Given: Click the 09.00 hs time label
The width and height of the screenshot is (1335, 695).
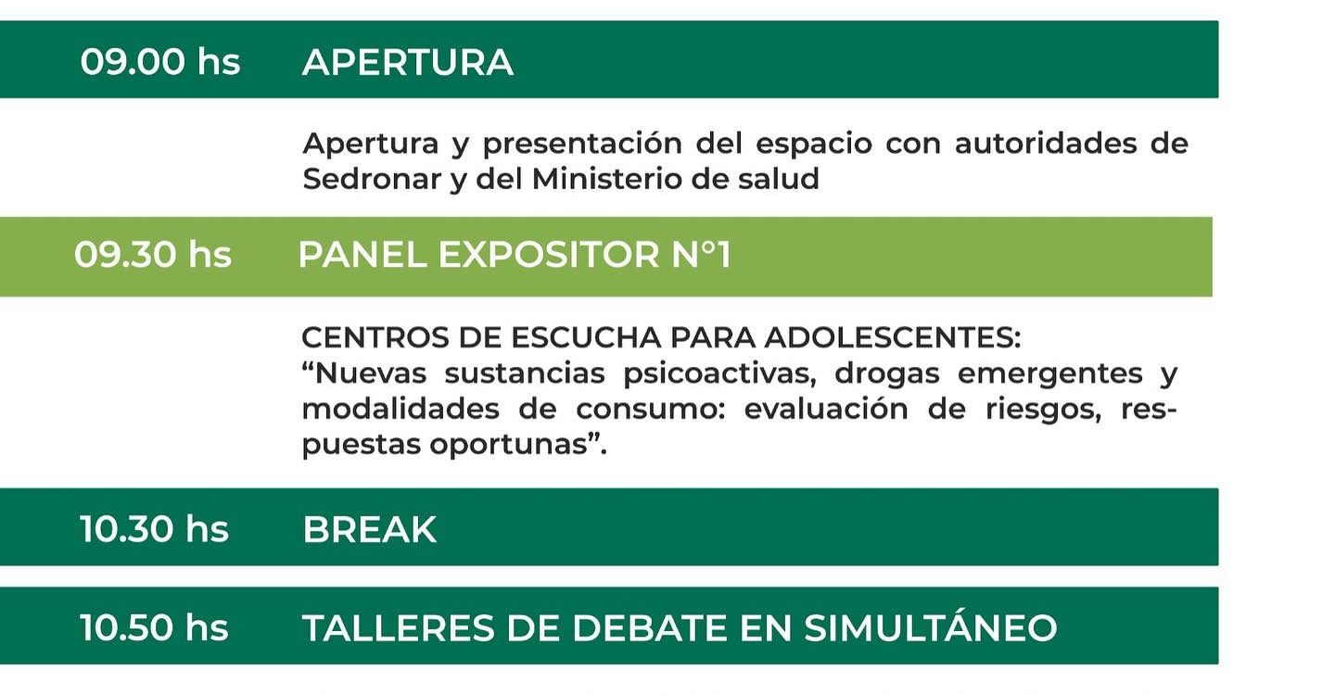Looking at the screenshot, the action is (160, 62).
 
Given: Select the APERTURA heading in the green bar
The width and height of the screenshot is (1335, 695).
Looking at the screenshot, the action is (408, 62).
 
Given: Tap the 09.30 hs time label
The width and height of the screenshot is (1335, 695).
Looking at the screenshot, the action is (153, 255).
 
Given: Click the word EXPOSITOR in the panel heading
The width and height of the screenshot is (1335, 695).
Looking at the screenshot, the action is (548, 255).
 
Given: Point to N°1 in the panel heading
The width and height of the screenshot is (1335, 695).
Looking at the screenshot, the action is (702, 255).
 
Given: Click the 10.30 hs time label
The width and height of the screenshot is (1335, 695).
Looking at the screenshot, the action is (154, 529).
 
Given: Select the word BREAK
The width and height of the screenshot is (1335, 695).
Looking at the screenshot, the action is (370, 529).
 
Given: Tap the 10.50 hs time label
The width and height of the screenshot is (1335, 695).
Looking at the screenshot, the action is (154, 627).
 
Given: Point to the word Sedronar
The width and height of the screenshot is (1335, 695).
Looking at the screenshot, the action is (372, 179).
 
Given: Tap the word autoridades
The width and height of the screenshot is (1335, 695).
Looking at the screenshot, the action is (1046, 144).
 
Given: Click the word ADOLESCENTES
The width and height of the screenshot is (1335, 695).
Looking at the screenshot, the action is (892, 337).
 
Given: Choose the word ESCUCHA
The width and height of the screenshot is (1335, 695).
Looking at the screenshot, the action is (586, 337).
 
